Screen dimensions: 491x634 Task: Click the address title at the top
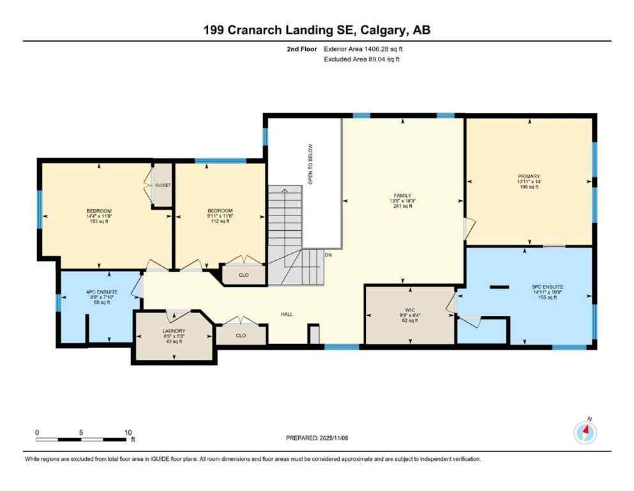pyautogui.click(x=317, y=29)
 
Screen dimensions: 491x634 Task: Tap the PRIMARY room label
pyautogui.click(x=529, y=176)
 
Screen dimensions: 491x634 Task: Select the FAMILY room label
pyautogui.click(x=402, y=196)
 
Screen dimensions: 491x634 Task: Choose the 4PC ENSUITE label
pyautogui.click(x=99, y=292)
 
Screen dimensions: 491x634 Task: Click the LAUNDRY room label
pyautogui.click(x=174, y=331)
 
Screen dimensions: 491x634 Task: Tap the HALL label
pyautogui.click(x=287, y=315)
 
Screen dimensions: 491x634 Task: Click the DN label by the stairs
pyautogui.click(x=329, y=254)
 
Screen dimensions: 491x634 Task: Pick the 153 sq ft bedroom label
pyautogui.click(x=99, y=211)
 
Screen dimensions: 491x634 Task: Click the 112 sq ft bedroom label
pyautogui.click(x=220, y=211)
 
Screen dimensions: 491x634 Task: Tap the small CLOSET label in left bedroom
pyautogui.click(x=163, y=185)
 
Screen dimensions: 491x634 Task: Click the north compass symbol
pyautogui.click(x=585, y=432)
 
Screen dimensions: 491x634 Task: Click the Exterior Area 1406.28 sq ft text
pyautogui.click(x=363, y=48)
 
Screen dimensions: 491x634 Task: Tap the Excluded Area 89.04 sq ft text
pyautogui.click(x=361, y=59)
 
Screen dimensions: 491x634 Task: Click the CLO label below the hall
pyautogui.click(x=241, y=335)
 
